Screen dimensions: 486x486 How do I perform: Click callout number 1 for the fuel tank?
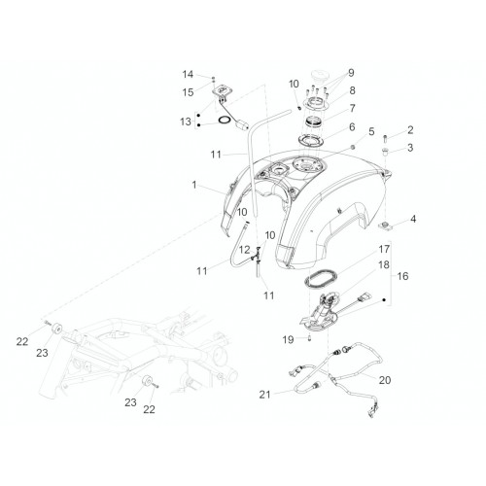coord(194,185)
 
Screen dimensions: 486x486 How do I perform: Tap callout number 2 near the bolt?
coord(410,130)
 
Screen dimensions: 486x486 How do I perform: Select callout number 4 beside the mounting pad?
coord(413,220)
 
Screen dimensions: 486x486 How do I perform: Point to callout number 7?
coord(352,108)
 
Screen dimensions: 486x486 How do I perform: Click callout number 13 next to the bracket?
coord(186,121)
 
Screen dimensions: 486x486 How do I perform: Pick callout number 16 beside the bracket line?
coord(402,276)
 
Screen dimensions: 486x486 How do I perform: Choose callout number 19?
coord(288,340)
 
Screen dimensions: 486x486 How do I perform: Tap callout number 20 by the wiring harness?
coord(385,380)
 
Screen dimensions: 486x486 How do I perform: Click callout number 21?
coord(264,395)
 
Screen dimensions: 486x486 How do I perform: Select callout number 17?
coord(384,250)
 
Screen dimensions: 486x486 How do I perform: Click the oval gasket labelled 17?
coord(321,278)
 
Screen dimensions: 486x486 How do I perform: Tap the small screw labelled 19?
coord(309,339)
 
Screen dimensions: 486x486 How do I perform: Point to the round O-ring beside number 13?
coord(224,121)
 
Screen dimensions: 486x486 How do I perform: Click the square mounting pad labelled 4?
coord(385,226)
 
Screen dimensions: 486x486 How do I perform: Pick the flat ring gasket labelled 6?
coord(311,141)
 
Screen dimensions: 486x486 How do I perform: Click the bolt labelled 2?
coord(385,139)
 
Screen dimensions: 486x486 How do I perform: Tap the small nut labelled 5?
coord(353,148)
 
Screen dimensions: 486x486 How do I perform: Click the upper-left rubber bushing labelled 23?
coord(57,328)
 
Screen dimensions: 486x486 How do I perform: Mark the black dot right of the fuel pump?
coord(384,300)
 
